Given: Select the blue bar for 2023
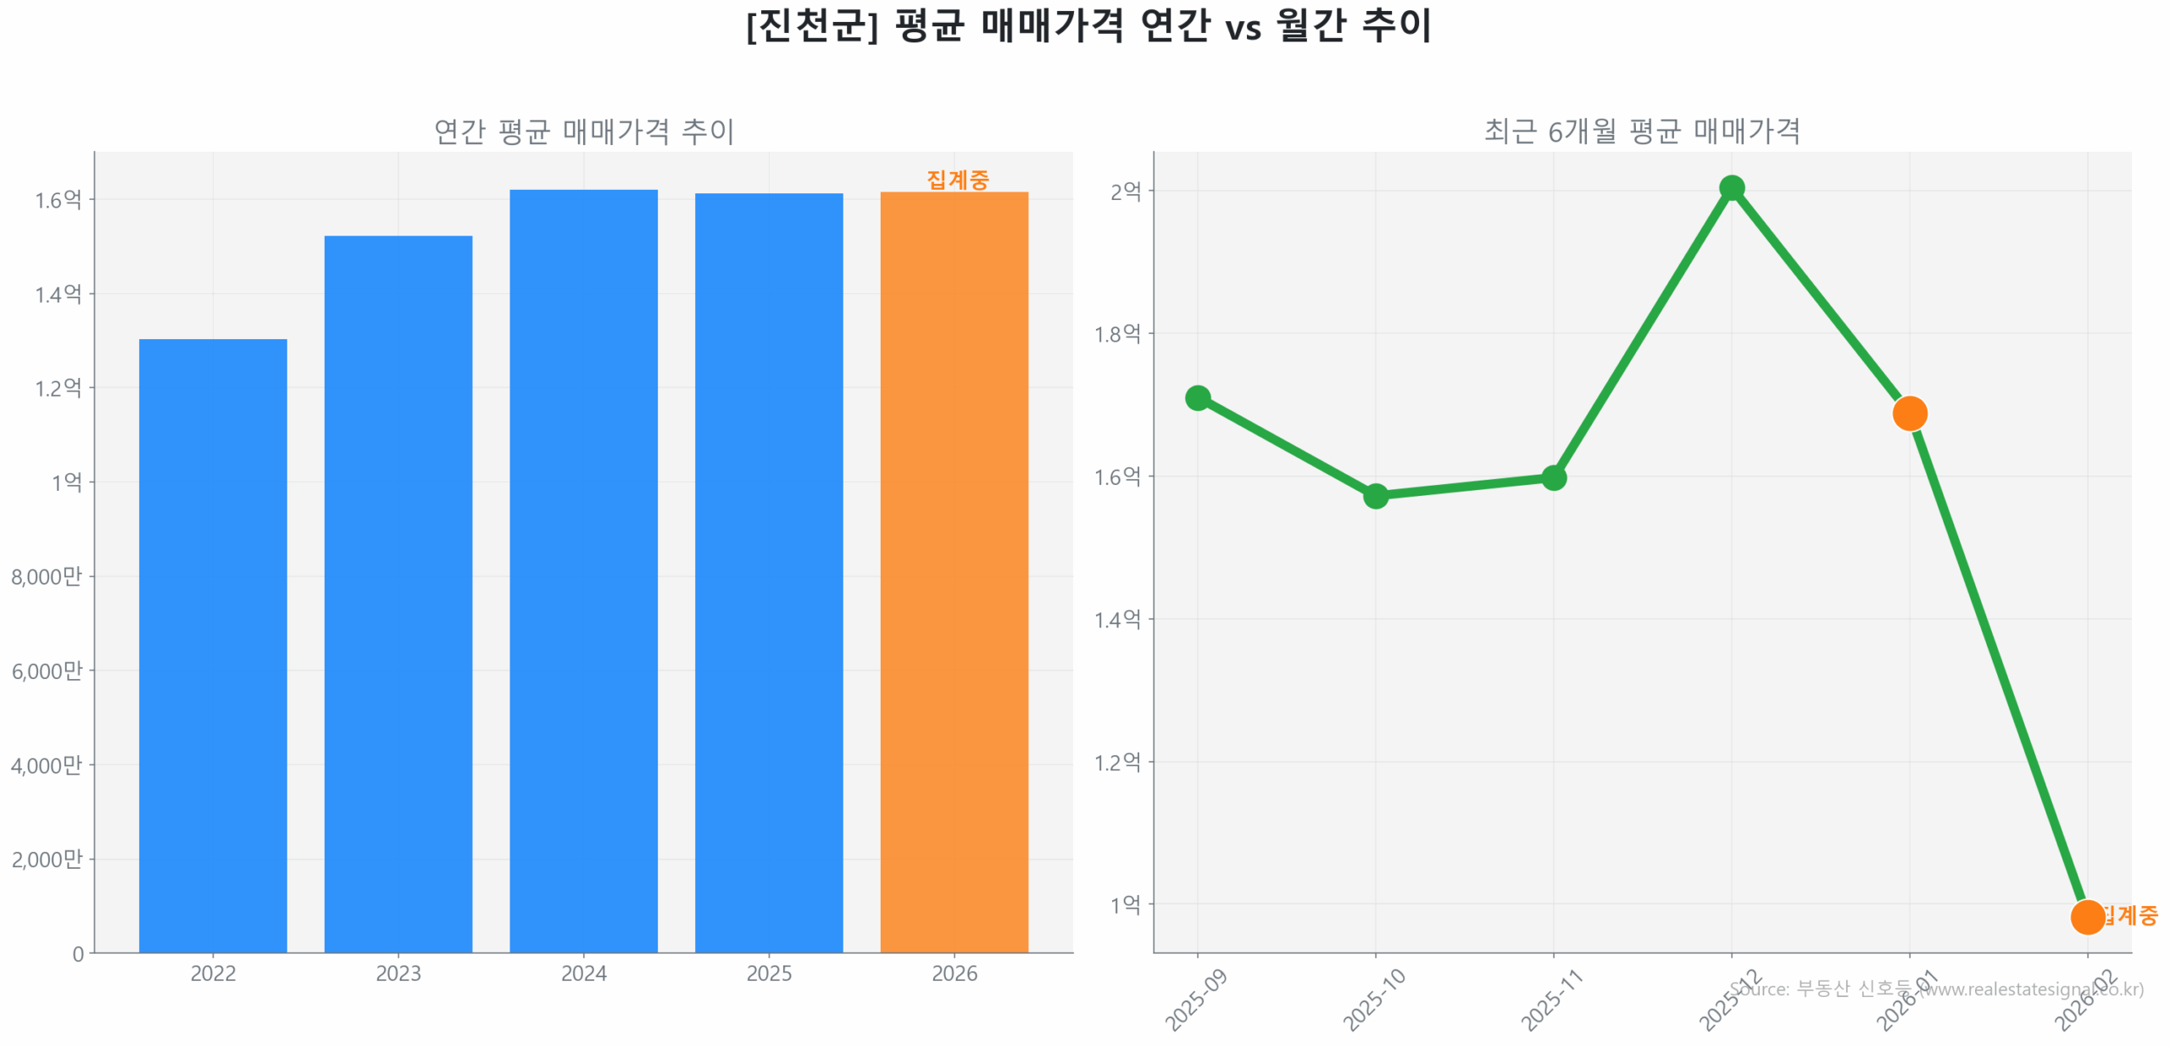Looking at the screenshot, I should point(398,593).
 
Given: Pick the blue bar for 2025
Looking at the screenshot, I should point(768,572).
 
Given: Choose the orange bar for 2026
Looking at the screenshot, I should point(954,571).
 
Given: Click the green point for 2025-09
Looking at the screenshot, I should point(1197,398).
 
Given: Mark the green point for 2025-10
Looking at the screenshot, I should point(1375,496).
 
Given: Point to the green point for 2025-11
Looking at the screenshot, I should point(1553,478).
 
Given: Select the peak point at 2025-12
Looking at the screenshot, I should point(1731,188).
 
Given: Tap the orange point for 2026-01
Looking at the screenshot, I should point(1909,414).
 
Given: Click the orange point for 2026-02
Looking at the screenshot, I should point(2086,917).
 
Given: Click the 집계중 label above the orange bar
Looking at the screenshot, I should point(957,180).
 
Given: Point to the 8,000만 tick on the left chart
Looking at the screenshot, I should point(47,577).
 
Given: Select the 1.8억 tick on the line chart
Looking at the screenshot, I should point(1117,334).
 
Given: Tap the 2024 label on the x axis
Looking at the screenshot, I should point(583,973).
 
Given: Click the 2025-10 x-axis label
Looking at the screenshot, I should point(1373,1000).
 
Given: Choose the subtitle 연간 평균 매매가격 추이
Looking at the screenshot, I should point(583,131).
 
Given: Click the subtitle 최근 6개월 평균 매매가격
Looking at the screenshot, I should point(1641,131).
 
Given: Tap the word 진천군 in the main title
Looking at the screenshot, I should point(811,25).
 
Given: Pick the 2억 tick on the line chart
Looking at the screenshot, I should point(1125,192).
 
